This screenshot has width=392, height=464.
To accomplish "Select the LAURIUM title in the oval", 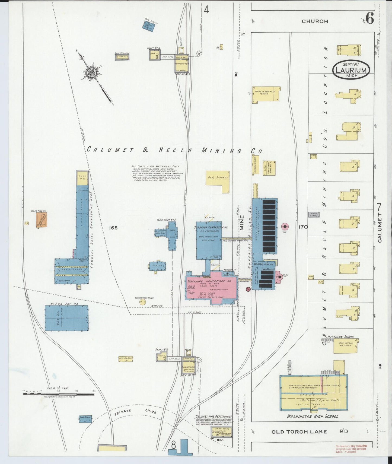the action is click(351, 70).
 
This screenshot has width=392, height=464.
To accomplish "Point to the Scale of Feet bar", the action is click(58, 394).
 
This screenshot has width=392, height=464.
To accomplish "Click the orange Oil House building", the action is click(42, 220).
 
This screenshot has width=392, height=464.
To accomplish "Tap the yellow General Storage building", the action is click(218, 181).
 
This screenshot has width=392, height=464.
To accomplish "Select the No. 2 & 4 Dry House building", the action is click(66, 318).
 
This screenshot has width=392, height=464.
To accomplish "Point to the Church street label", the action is click(315, 21).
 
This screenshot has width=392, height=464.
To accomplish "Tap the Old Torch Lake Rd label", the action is click(309, 431).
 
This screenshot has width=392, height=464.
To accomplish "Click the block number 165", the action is click(113, 228).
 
